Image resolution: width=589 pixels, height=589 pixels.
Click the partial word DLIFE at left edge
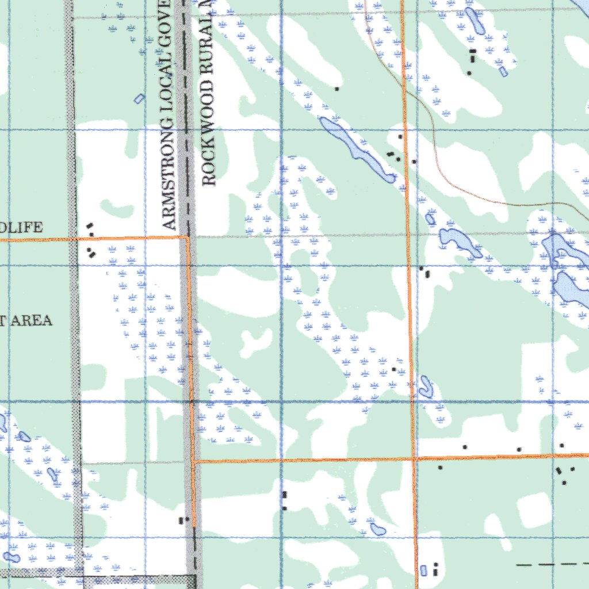(21, 227)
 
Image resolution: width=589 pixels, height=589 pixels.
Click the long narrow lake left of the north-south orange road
(358, 150)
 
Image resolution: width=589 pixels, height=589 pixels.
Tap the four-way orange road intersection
(414, 458)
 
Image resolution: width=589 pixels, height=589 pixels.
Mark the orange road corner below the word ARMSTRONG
(188, 236)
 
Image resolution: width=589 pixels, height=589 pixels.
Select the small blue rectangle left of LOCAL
(139, 99)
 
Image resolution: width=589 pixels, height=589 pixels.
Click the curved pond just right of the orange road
(426, 387)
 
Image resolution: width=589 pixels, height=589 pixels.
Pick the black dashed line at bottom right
(552, 564)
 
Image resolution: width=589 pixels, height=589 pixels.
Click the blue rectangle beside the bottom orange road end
(424, 570)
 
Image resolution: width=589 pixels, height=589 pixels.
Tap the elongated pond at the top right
(475, 21)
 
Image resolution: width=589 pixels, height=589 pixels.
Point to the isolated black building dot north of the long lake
(337, 89)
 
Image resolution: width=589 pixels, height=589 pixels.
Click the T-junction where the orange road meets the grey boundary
(194, 461)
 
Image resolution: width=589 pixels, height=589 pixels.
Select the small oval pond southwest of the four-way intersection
(377, 529)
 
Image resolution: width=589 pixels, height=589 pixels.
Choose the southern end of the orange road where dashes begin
(194, 526)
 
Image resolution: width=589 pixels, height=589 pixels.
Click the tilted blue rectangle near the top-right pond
(503, 71)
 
